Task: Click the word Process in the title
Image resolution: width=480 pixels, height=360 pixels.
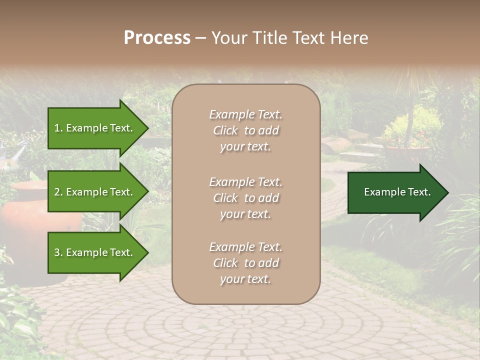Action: click(x=157, y=38)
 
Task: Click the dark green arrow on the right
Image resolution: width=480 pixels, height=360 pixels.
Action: click(x=395, y=192)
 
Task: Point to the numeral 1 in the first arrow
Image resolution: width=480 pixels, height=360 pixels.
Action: click(x=56, y=128)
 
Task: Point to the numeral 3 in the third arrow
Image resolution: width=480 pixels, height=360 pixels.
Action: click(x=57, y=252)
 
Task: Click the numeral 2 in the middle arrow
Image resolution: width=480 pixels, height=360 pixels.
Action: click(x=57, y=192)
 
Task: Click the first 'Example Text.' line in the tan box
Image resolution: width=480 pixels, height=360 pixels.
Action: click(x=245, y=114)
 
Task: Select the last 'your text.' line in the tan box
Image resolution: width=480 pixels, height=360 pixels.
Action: click(x=245, y=279)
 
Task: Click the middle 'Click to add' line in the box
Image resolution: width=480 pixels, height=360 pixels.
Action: click(x=245, y=198)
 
